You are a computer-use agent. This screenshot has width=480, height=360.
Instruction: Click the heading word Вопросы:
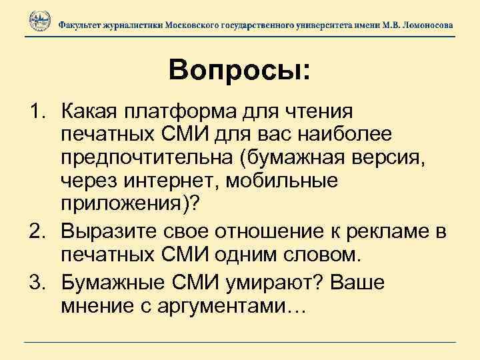239,70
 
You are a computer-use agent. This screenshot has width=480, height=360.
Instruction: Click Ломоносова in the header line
423,24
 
